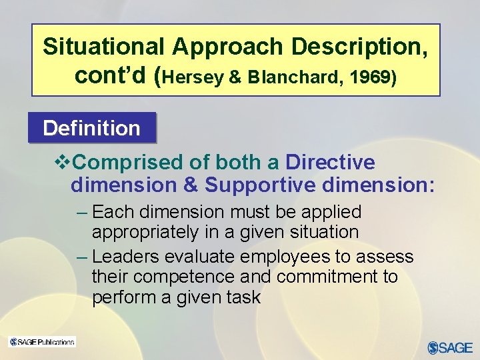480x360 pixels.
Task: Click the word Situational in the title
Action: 103,47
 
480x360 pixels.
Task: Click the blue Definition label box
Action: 91,128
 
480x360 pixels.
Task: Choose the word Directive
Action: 330,163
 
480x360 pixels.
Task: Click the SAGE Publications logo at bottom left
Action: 42,342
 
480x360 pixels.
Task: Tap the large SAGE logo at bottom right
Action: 449,347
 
